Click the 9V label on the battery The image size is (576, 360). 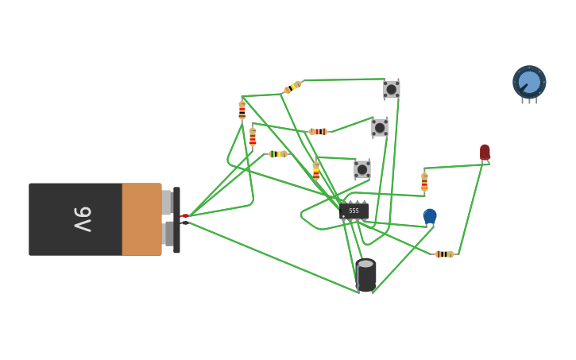click(83, 219)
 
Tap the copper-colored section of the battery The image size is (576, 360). click(141, 219)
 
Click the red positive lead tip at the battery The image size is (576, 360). click(184, 215)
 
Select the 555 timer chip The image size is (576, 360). click(354, 211)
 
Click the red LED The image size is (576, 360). click(485, 152)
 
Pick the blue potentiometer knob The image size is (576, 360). click(529, 83)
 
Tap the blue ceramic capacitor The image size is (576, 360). click(430, 215)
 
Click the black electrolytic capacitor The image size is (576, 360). click(365, 274)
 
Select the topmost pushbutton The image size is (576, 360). click(391, 89)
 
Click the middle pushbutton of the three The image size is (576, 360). click(380, 128)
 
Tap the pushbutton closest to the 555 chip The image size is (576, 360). click(362, 169)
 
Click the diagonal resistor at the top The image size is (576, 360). click(292, 87)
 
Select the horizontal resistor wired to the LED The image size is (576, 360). click(444, 254)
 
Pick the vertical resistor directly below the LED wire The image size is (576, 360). click(424, 182)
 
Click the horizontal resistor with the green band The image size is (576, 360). click(277, 154)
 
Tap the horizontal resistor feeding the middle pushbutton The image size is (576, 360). click(318, 131)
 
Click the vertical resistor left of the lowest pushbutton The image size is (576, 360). click(316, 170)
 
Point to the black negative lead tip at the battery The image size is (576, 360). click(184, 223)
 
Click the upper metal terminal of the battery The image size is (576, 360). click(167, 202)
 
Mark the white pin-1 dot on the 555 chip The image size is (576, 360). click(343, 216)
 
